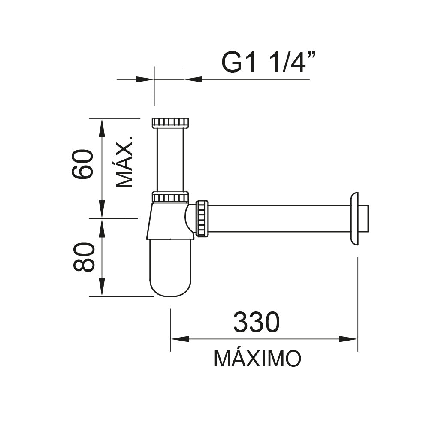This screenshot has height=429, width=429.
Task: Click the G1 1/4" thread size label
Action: click(269, 63)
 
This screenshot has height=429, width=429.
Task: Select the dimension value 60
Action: click(83, 164)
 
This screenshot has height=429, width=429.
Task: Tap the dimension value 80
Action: click(83, 257)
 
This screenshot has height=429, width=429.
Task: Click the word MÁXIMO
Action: click(257, 359)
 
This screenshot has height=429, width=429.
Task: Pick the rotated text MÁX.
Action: click(125, 162)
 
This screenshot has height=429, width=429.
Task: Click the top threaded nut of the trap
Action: click(170, 122)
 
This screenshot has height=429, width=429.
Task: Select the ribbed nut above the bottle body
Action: click(170, 197)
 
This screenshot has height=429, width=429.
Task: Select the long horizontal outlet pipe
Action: click(279, 218)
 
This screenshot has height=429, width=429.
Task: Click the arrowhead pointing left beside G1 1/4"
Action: click(193, 79)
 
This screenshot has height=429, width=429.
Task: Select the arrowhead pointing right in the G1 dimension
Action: click(145, 79)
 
